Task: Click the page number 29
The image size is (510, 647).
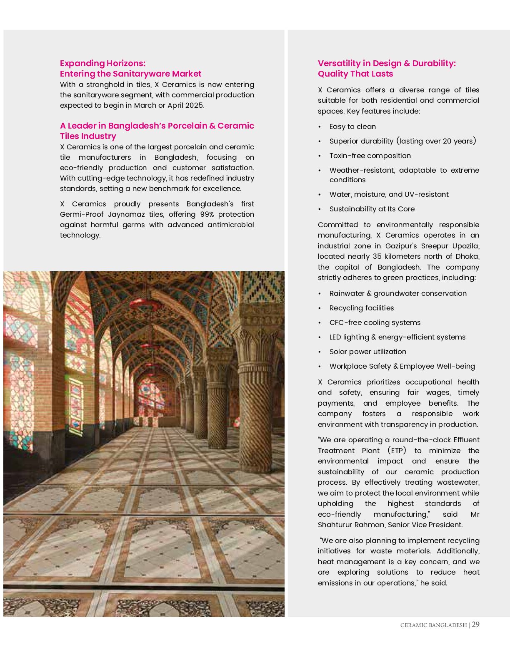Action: click(x=475, y=624)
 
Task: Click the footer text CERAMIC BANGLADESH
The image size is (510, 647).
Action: click(x=433, y=625)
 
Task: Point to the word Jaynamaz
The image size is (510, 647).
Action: click(x=125, y=214)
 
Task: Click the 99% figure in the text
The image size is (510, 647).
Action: click(x=207, y=214)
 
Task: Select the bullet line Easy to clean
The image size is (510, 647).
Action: click(x=352, y=126)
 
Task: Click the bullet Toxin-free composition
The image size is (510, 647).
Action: click(x=370, y=156)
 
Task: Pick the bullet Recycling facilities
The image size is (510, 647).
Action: click(x=361, y=308)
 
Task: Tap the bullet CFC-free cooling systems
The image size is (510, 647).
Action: click(x=375, y=322)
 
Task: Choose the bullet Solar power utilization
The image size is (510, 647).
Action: click(x=367, y=352)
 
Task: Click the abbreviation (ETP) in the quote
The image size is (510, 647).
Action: click(x=396, y=451)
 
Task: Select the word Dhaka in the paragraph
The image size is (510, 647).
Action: click(x=467, y=256)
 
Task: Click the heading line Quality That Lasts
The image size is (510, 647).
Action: click(x=355, y=74)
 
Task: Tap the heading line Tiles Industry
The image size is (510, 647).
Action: click(x=88, y=136)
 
